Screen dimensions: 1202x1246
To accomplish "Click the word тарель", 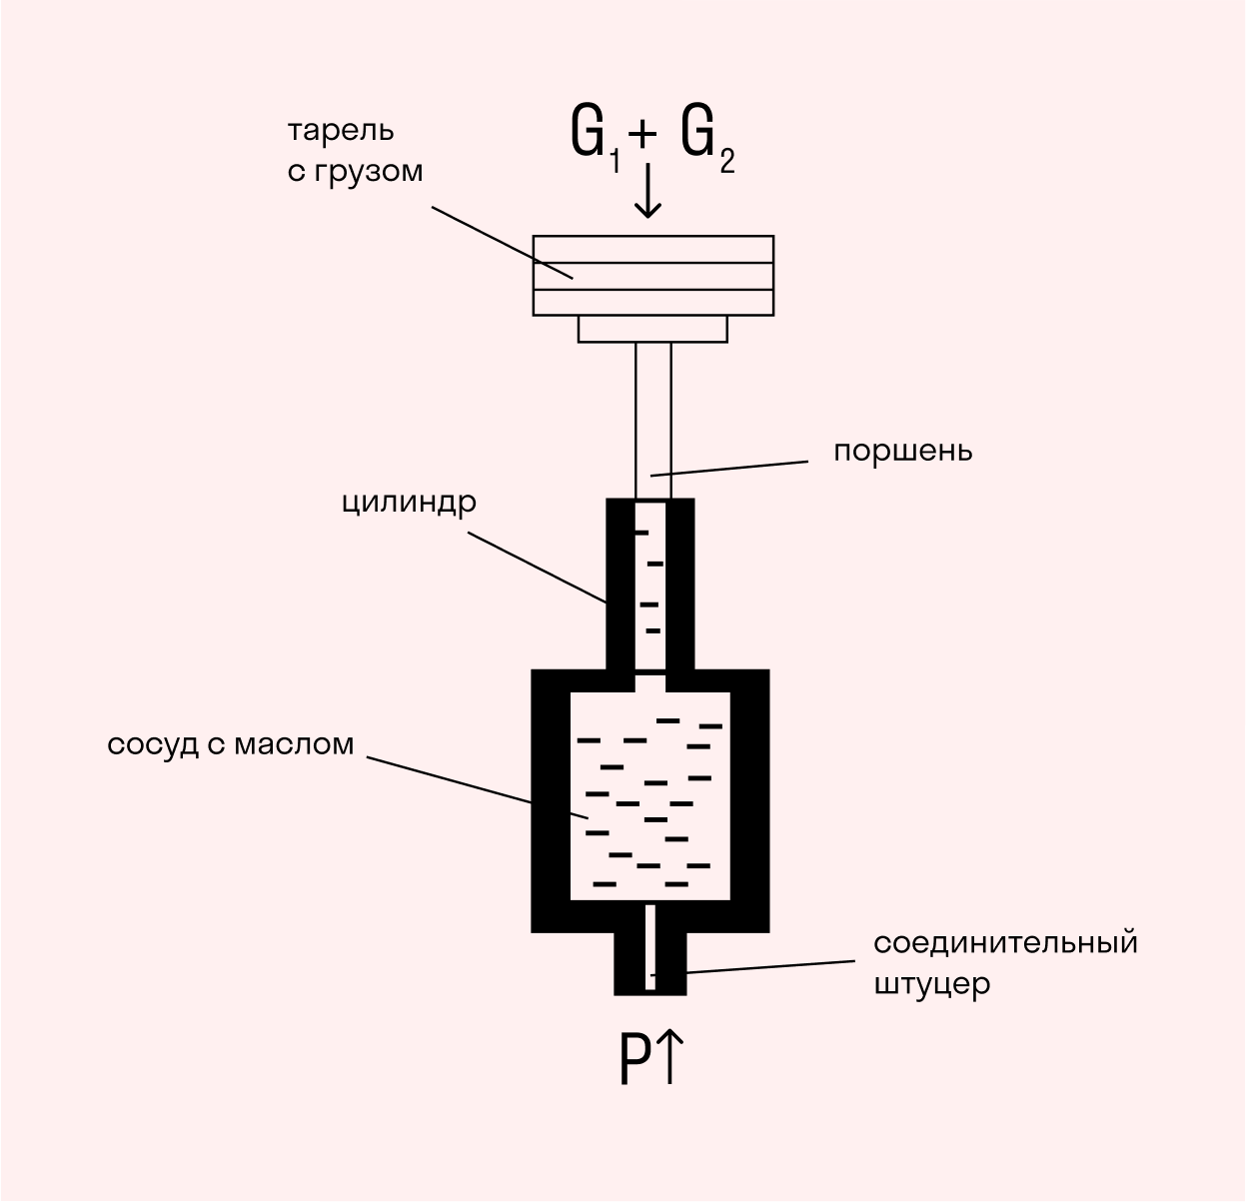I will [x=341, y=131].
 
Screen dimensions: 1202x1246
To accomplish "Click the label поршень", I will [x=902, y=451].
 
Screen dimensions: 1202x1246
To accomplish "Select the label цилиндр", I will [x=409, y=502].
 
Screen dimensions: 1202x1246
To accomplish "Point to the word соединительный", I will [x=1005, y=943].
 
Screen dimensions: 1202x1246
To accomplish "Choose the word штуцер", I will [x=931, y=984].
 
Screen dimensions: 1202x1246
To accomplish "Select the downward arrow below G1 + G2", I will [x=648, y=191].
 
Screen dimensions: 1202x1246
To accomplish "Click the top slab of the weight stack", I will [x=652, y=249].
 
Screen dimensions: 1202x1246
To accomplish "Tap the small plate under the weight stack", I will [x=652, y=329].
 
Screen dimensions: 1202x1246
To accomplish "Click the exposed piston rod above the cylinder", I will [x=652, y=420].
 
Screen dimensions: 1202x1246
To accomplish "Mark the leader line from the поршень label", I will [x=729, y=468].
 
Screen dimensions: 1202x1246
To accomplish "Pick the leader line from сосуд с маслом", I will [x=450, y=779].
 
